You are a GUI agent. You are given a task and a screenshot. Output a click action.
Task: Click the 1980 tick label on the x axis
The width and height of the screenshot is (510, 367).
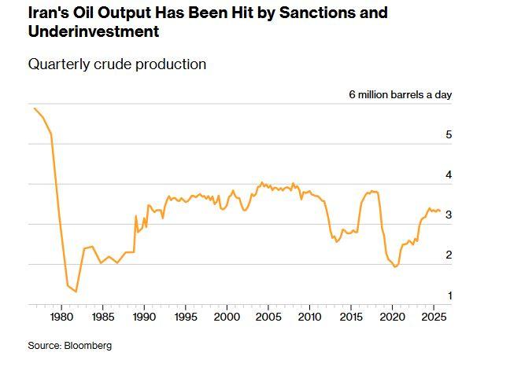pyautogui.click(x=61, y=317)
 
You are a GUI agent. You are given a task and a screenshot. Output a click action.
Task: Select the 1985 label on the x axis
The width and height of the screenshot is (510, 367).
pyautogui.click(x=102, y=317)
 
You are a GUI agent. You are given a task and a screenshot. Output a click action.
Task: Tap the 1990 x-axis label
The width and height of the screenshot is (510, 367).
pyautogui.click(x=144, y=317)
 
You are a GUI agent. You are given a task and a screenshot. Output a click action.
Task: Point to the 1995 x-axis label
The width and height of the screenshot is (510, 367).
pyautogui.click(x=185, y=317)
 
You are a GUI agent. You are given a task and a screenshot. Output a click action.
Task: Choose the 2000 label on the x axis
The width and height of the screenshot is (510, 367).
pyautogui.click(x=227, y=317)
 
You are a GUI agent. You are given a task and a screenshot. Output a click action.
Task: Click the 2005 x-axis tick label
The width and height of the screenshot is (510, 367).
pyautogui.click(x=268, y=317)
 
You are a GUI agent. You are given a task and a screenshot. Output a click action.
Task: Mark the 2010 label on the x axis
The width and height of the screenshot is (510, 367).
pyautogui.click(x=309, y=317)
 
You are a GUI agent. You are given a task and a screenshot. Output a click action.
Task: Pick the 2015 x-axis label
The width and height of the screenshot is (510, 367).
pyautogui.click(x=350, y=317)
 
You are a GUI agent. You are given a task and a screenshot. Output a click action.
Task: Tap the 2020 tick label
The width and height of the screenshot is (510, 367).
pyautogui.click(x=392, y=317)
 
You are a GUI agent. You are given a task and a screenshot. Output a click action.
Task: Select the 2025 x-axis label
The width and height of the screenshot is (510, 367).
pyautogui.click(x=433, y=317)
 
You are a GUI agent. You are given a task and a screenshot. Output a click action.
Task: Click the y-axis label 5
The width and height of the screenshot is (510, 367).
pyautogui.click(x=449, y=135)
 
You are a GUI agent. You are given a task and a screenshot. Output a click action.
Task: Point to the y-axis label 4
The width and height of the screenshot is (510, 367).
pyautogui.click(x=449, y=175)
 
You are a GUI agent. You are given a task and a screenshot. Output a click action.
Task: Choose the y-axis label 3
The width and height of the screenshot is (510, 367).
pyautogui.click(x=449, y=215)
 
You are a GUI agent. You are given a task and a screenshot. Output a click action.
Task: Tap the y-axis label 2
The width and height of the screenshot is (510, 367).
pyautogui.click(x=449, y=255)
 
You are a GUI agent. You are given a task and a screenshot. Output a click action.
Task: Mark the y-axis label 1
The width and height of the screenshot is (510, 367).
pyautogui.click(x=449, y=295)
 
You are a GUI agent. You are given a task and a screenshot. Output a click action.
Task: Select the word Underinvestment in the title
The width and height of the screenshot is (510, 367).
pyautogui.click(x=94, y=32)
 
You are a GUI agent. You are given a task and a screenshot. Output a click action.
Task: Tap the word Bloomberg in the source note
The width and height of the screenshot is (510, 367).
pyautogui.click(x=88, y=346)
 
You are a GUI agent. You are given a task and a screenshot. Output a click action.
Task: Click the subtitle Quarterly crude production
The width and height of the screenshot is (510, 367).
pyautogui.click(x=117, y=64)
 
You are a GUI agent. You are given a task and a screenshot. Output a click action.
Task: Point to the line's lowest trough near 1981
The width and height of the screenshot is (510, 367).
pyautogui.click(x=76, y=292)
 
